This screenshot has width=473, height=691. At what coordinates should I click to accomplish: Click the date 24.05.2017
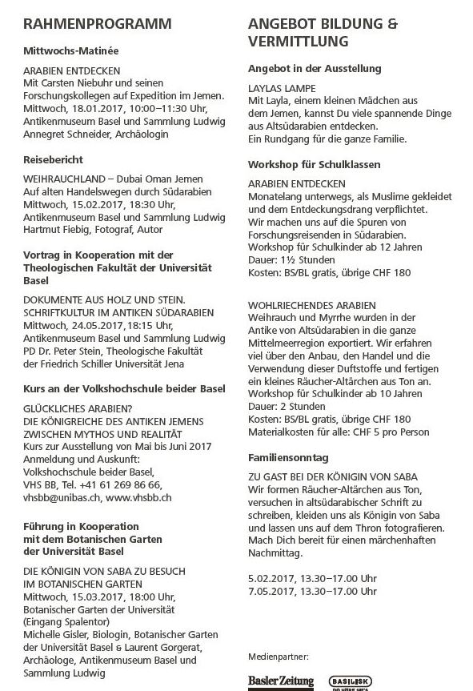click(x=97, y=326)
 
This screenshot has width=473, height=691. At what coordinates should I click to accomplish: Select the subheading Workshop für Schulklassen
click(x=313, y=165)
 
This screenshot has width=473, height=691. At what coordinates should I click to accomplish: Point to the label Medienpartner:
click(x=279, y=655)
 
